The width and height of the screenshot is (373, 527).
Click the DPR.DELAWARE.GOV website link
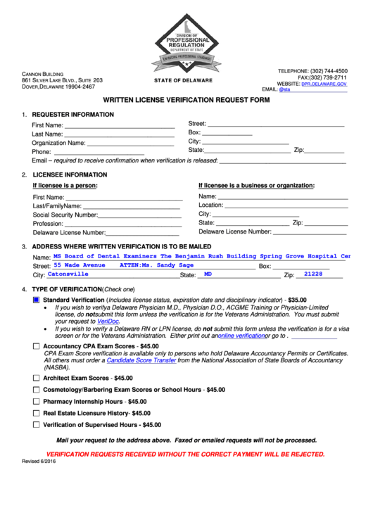pos(324,83)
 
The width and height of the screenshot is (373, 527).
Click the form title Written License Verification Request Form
pos(186,101)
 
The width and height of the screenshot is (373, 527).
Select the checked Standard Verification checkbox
pos(37,300)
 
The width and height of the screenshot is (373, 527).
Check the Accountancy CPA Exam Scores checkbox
pos(37,346)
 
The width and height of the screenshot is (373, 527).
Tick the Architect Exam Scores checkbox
pos(37,378)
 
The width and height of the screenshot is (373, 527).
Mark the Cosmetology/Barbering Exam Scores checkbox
pos(37,389)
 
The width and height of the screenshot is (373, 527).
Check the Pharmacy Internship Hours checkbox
pos(37,401)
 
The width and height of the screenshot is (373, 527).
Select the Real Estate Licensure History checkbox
pos(37,413)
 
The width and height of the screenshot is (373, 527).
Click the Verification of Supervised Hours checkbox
pos(37,425)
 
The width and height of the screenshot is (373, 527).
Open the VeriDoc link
pos(108,321)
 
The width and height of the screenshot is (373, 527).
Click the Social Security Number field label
pos(65,215)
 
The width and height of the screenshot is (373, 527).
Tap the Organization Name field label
pos(58,143)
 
